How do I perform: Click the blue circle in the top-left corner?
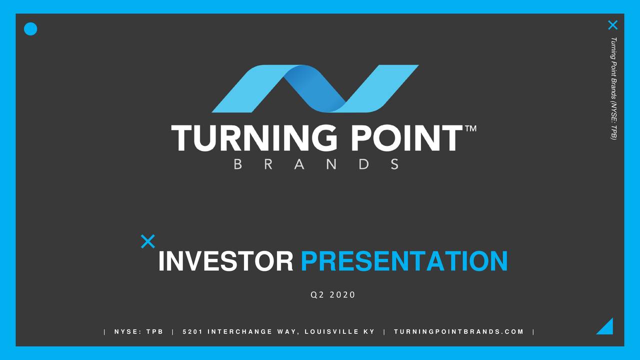pos(30,29)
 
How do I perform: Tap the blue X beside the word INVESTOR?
pos(147,241)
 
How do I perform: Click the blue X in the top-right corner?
pos(612,25)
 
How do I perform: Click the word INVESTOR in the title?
pos(225,261)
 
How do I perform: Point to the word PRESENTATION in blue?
pos(404,261)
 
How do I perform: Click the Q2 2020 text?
pos(332,295)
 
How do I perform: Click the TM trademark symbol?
pos(470,129)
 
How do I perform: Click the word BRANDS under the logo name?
pos(316,164)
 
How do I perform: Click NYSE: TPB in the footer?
pos(138,332)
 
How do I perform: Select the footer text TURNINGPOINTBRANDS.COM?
pos(458,332)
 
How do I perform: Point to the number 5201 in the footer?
pos(191,332)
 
